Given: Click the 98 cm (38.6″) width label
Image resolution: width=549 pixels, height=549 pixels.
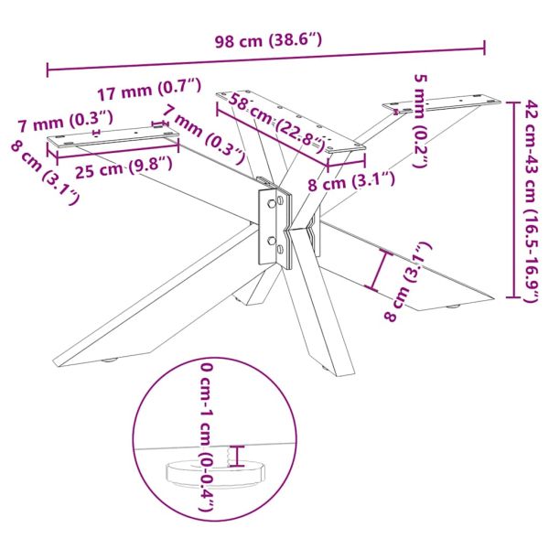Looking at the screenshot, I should pyautogui.click(x=266, y=40).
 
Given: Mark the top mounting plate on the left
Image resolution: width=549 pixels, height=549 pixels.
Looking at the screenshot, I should pyautogui.click(x=113, y=138).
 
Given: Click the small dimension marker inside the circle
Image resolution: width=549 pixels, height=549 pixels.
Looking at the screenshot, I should pyautogui.click(x=240, y=455).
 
